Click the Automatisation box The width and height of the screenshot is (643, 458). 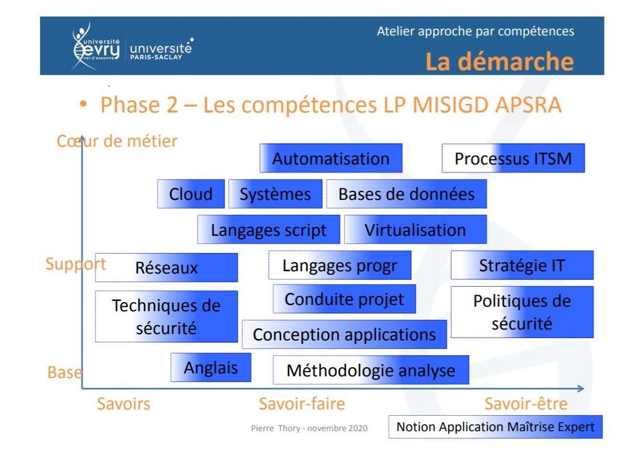coord(331,158)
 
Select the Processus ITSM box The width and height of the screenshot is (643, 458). coord(513,158)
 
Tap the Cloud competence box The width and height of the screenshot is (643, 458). coord(191,194)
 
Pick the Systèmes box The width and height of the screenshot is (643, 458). coord(275,194)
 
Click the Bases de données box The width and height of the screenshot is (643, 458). coord(406,194)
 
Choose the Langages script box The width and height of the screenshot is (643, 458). coord(269,230)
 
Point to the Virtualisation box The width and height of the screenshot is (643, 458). coord(415,230)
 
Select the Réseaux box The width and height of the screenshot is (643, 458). coord(167,268)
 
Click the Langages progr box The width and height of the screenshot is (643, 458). coord(339,265)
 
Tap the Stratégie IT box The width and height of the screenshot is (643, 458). coord(522,265)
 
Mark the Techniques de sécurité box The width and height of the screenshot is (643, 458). coord(167,316)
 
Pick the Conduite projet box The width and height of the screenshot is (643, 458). coord(344,299)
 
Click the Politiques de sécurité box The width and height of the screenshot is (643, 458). coord(522,312)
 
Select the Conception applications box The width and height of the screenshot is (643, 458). coord(344,335)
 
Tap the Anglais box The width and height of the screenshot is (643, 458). coord(211,367)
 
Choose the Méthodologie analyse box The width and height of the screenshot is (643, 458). coord(371,369)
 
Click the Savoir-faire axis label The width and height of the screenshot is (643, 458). coord(302,404)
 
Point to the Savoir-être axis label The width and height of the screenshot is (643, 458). coord(526,404)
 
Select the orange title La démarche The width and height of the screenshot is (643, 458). coord(499,62)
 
